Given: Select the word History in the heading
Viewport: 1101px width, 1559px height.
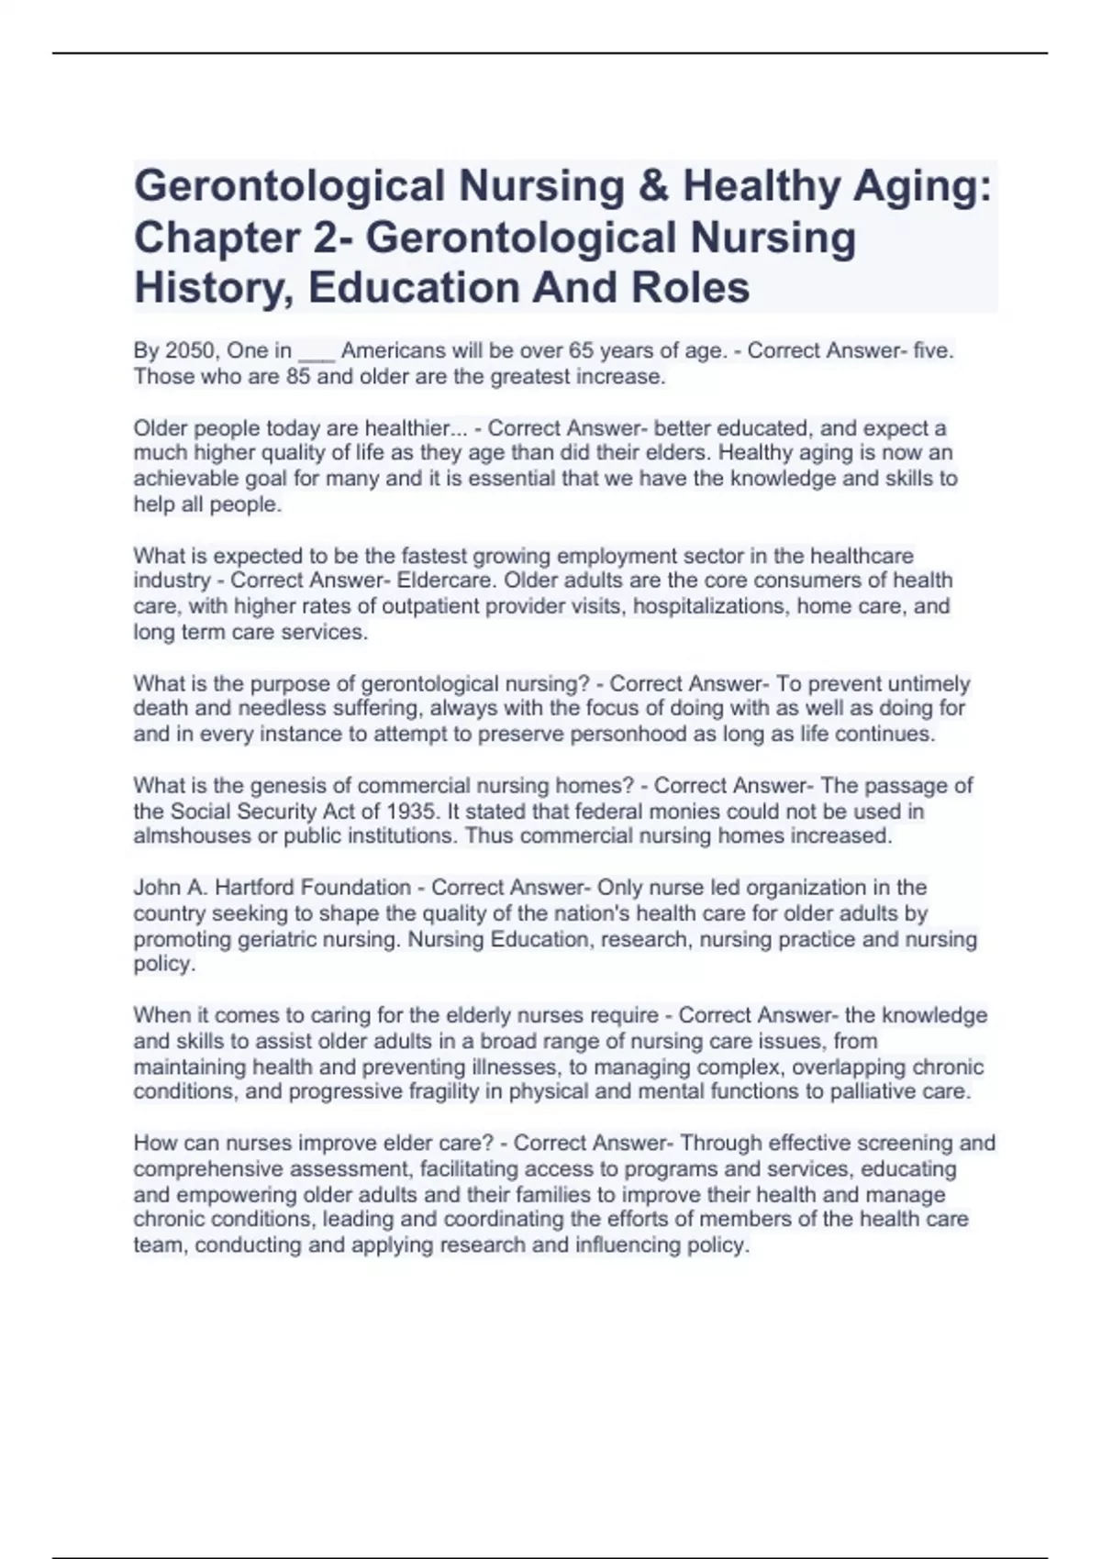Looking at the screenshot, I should point(214,288).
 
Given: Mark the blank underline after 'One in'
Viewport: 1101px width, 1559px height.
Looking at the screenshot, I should point(317,352).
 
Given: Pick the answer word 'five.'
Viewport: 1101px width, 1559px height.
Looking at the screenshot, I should point(935,350).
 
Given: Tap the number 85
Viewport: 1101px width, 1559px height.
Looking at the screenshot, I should point(298,377).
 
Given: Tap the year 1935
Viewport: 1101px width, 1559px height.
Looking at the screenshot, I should point(411,812).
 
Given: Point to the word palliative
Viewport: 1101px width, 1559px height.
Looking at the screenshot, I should point(874,1092).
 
